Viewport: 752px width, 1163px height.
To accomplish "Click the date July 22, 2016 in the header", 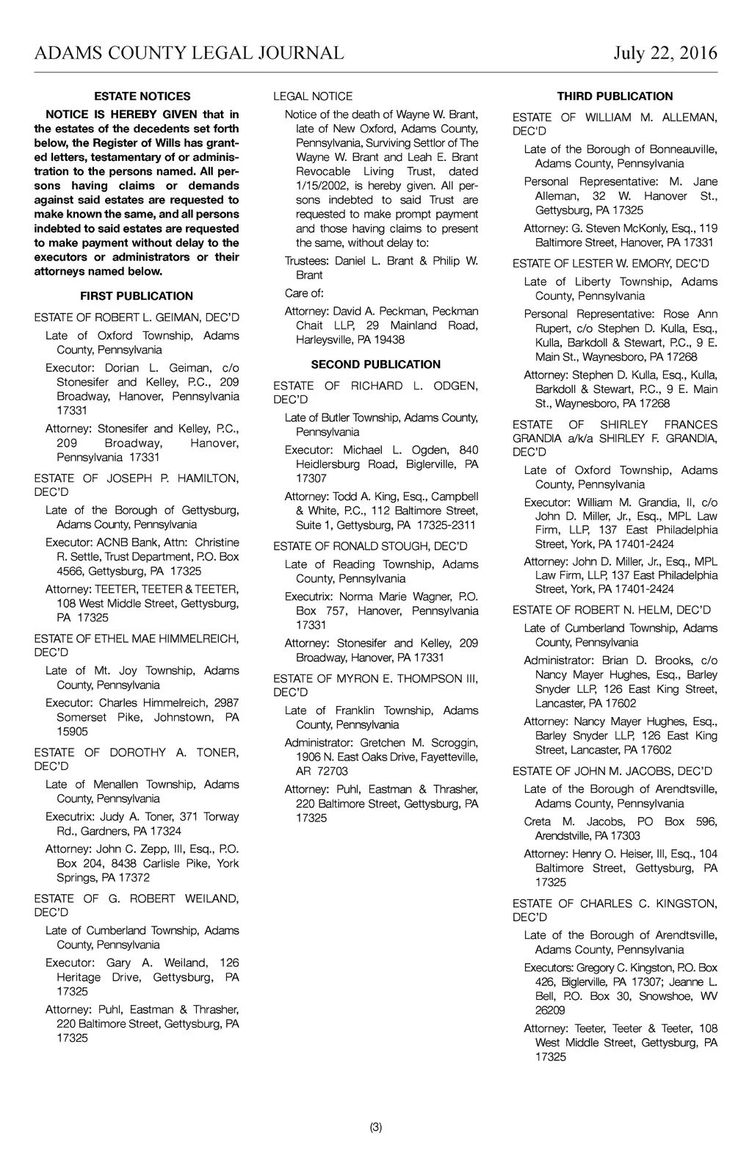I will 665,53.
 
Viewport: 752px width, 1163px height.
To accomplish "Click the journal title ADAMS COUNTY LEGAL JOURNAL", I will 189,53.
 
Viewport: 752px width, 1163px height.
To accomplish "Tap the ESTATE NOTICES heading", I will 142,96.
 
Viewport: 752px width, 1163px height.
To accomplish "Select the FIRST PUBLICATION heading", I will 137,296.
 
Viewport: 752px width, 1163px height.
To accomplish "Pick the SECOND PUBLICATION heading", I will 376,364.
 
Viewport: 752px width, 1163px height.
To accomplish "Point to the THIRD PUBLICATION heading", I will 615,96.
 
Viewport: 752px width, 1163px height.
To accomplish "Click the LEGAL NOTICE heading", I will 313,96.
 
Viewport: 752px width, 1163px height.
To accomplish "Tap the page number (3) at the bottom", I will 376,1128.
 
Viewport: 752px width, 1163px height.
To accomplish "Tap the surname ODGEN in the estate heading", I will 455,386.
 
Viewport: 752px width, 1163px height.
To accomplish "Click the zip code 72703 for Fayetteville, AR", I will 333,771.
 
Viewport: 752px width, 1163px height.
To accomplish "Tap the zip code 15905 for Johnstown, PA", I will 72,731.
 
